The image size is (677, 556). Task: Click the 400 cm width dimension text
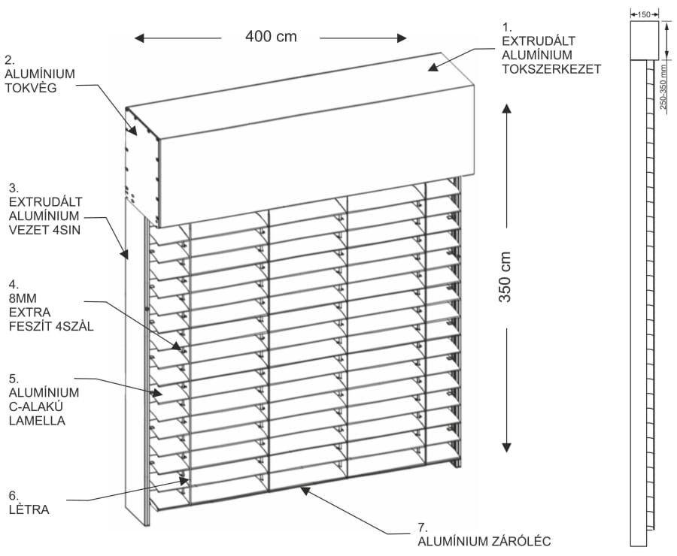pyautogui.click(x=271, y=36)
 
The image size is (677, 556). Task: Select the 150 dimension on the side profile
pyautogui.click(x=644, y=13)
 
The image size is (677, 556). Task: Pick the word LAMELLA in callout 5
pyautogui.click(x=36, y=421)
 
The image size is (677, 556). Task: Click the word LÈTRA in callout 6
pyautogui.click(x=29, y=509)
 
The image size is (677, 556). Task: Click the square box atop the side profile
pyautogui.click(x=644, y=40)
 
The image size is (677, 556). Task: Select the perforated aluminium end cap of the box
pyautogui.click(x=141, y=158)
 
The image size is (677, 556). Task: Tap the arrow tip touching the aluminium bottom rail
pyautogui.click(x=301, y=488)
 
